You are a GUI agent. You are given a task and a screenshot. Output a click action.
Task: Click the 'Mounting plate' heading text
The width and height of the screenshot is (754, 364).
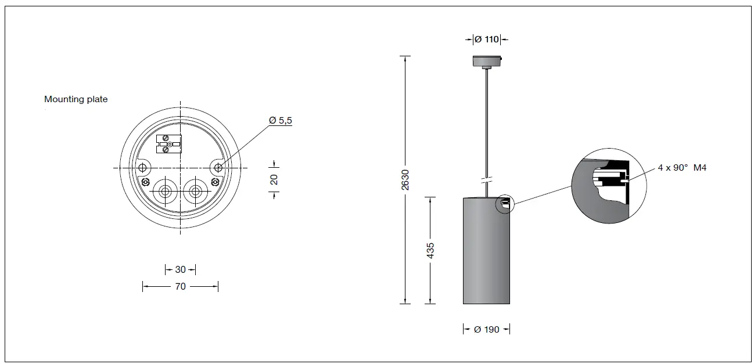tap(76, 99)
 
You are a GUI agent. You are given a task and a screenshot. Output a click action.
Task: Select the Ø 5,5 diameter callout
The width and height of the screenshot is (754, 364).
tap(281, 120)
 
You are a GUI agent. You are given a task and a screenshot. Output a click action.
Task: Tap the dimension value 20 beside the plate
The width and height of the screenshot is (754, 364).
tap(274, 179)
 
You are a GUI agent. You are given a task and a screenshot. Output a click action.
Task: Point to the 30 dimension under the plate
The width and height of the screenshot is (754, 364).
tap(180, 269)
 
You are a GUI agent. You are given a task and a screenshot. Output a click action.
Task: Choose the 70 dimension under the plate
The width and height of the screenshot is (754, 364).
tap(180, 286)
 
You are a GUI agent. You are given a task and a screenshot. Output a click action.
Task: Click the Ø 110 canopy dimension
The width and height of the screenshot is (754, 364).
tap(486, 39)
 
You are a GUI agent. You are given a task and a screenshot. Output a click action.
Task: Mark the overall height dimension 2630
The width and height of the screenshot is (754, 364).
tap(405, 179)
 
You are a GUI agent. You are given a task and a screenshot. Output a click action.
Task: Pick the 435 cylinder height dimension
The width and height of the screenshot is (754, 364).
tap(430, 250)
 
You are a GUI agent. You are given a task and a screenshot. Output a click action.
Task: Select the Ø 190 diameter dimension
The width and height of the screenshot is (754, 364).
tap(486, 329)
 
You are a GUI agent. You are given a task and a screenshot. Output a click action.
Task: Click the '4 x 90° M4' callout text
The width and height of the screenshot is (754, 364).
tap(682, 167)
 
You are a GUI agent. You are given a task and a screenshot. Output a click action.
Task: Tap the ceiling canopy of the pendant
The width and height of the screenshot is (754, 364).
tap(486, 61)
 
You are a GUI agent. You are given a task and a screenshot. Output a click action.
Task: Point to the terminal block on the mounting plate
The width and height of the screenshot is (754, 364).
tap(170, 143)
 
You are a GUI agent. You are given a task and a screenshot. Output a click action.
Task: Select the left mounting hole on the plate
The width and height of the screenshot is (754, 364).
tap(142, 168)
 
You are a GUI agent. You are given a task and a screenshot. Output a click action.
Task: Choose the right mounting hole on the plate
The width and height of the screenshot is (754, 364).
tap(218, 168)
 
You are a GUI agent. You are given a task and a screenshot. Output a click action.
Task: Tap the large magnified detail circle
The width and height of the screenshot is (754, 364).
tap(608, 186)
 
